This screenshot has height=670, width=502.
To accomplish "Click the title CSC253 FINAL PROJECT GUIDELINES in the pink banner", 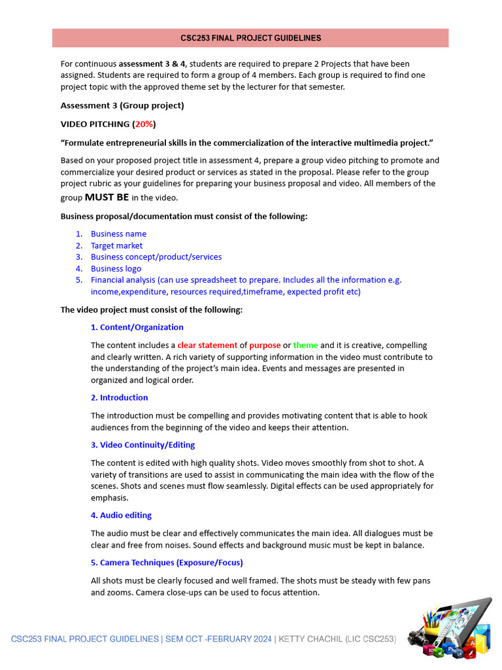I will point(250,38).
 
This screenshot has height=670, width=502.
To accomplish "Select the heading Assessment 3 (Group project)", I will point(122,105).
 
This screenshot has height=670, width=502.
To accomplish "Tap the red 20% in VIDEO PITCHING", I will point(144,124).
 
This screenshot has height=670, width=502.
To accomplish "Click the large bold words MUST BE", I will point(107,198).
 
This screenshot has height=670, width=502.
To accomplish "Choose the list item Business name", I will point(118,234).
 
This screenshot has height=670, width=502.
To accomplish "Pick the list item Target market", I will point(116,245).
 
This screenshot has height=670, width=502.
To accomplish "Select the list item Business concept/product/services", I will point(156,256).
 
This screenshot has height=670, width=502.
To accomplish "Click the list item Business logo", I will point(116,268).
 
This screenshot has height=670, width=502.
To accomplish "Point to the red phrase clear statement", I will point(207,345).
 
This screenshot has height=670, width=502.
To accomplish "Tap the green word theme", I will point(305,345).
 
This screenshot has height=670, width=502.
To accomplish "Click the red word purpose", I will point(265,345).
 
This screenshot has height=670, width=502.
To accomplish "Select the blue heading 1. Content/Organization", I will point(137,327).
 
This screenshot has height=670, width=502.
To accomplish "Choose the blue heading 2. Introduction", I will point(120,397).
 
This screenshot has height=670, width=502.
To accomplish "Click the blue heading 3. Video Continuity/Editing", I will point(143,445).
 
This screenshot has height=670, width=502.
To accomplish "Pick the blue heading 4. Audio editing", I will point(122,515).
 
